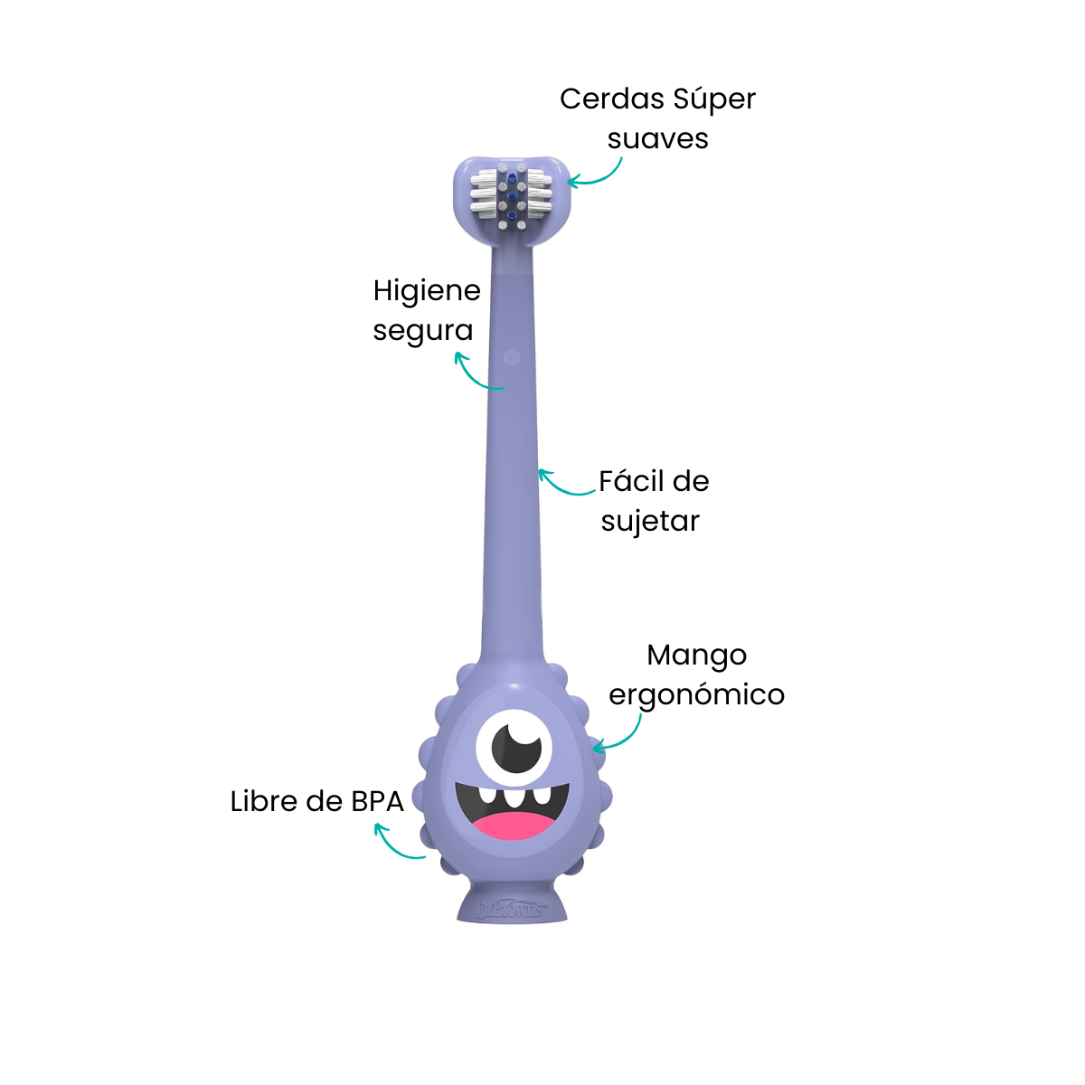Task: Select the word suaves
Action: coord(657,139)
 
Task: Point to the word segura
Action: coord(423,332)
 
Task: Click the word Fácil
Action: coord(629,480)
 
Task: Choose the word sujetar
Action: coord(650,521)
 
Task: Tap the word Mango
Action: coord(696,656)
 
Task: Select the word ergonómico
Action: coord(696,695)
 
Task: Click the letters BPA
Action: coord(377,802)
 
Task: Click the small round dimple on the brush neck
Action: coord(512,357)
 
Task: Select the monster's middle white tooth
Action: coord(513,797)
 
